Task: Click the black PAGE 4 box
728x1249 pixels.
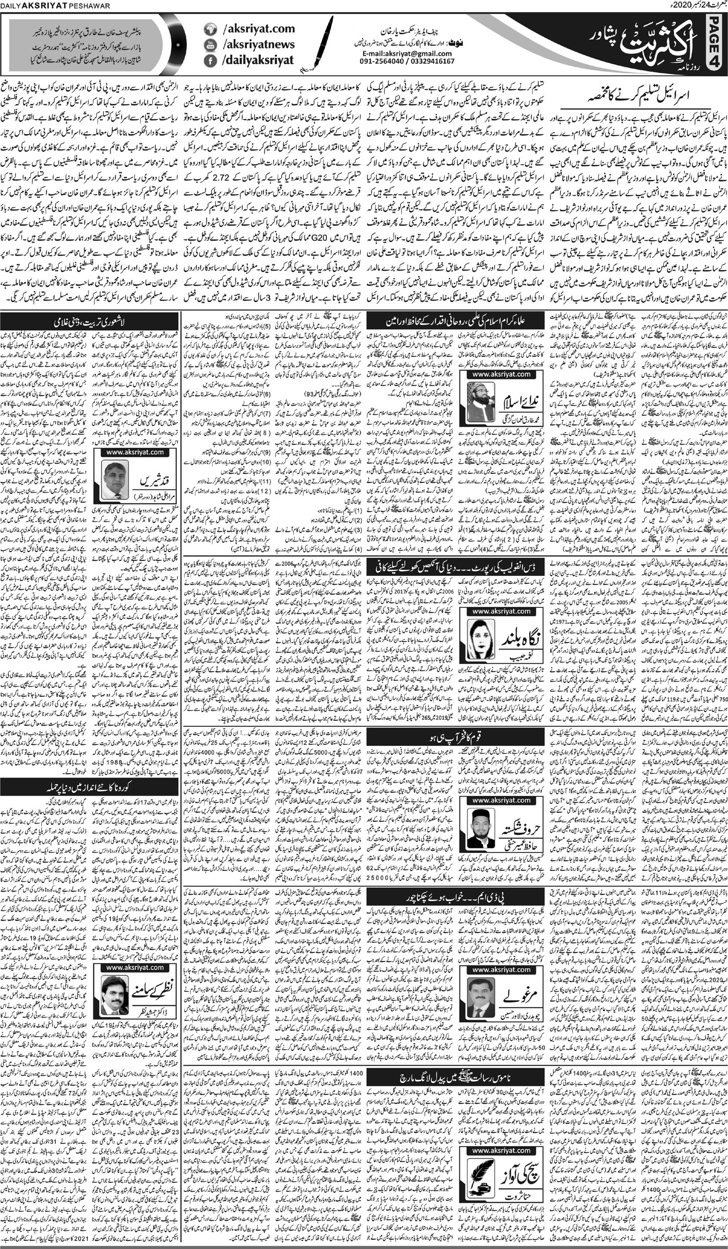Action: pos(717,41)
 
